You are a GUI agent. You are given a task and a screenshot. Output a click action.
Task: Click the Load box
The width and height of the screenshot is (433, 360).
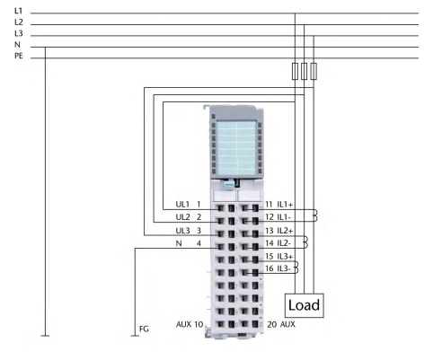304,305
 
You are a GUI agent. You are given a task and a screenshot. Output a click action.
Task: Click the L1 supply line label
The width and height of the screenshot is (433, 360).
18,11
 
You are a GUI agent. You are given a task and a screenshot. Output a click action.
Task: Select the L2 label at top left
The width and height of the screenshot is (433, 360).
18,22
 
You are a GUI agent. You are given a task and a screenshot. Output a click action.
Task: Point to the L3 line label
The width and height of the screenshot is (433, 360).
18,33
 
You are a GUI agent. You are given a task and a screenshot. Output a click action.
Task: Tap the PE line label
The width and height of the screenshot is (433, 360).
19,56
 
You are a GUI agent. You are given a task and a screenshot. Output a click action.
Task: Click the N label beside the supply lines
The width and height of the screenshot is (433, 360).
17,45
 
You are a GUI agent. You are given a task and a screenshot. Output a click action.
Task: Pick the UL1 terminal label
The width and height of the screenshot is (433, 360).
182,205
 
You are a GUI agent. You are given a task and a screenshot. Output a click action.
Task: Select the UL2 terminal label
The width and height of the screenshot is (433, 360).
182,217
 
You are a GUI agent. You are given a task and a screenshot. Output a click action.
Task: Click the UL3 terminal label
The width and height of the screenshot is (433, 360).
182,231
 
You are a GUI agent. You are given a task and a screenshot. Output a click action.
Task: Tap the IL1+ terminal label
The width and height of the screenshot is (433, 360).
285,205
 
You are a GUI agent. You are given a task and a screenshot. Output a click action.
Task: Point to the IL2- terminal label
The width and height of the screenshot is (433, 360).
284,243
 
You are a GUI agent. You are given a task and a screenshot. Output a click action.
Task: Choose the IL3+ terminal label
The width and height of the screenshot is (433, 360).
285,256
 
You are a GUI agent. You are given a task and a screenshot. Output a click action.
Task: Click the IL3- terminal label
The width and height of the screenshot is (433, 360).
284,268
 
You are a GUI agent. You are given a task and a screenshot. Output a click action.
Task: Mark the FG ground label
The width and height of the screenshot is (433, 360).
144,329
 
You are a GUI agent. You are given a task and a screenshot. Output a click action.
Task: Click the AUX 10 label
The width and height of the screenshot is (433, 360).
190,324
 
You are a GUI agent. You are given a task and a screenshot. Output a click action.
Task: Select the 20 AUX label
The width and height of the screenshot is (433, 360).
281,324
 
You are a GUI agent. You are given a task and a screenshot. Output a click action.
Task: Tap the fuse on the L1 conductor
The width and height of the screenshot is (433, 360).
295,71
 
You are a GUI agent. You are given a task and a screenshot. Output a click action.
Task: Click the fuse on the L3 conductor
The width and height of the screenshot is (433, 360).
314,71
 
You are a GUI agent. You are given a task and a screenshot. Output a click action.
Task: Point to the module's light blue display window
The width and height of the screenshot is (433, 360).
236,148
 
